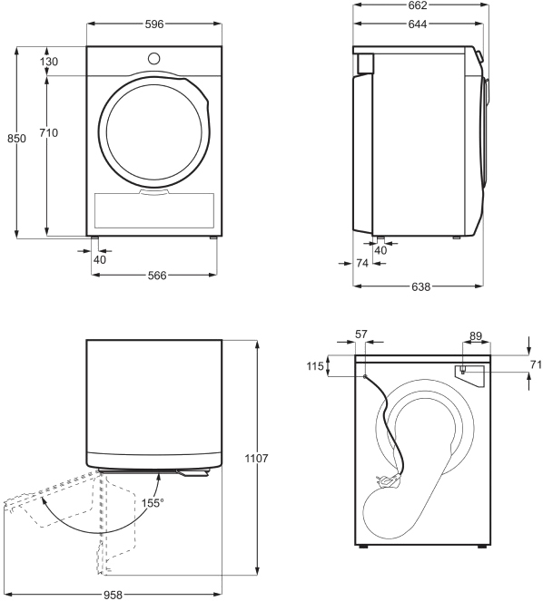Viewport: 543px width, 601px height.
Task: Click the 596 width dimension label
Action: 154,24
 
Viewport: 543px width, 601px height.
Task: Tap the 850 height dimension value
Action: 16,138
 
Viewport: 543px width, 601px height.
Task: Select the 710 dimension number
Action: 49,132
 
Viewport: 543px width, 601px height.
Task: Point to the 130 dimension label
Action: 49,62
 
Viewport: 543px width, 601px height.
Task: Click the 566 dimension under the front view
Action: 157,276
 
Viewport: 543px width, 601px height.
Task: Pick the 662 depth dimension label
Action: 418,5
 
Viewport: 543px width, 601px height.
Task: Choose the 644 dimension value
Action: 418,24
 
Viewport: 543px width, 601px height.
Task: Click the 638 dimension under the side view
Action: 421,286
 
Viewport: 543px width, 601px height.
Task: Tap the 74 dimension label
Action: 362,263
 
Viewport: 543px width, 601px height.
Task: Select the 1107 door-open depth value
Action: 257,458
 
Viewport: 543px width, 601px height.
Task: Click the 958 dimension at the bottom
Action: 113,595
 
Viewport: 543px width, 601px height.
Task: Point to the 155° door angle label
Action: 152,502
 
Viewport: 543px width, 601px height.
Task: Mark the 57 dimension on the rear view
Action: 361,334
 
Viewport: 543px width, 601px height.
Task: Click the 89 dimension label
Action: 476,336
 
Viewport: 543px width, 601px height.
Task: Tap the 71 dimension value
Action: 536,364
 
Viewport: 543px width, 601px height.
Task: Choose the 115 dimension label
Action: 315,366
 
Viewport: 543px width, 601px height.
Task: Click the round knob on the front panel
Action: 153,59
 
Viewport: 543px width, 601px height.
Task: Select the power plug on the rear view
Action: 388,480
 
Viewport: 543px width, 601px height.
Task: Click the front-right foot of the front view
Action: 213,238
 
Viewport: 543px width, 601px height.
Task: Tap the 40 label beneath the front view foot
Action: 100,259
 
